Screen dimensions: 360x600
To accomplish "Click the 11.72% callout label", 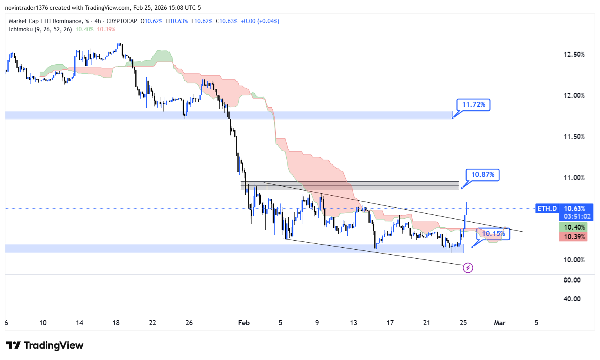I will pyautogui.click(x=473, y=104).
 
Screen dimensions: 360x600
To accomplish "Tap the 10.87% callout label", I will pyautogui.click(x=482, y=175).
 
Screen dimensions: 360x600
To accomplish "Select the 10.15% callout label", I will pyautogui.click(x=493, y=234).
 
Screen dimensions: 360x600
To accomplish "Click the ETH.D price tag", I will pyautogui.click(x=547, y=209).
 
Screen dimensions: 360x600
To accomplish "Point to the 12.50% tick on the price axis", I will pyautogui.click(x=574, y=54).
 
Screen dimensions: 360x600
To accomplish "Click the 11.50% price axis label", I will pyautogui.click(x=574, y=137).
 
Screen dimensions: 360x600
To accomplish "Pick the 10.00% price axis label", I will pyautogui.click(x=574, y=260).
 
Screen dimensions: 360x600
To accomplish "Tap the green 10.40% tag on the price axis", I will pyautogui.click(x=574, y=227).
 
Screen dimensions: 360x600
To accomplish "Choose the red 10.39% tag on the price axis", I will pyautogui.click(x=574, y=237).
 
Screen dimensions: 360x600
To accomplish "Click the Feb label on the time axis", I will pyautogui.click(x=244, y=323).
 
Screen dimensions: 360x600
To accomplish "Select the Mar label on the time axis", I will pyautogui.click(x=499, y=323).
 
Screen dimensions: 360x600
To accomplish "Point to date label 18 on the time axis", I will pyautogui.click(x=116, y=323).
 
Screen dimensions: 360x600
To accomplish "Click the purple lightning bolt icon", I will pyautogui.click(x=468, y=268).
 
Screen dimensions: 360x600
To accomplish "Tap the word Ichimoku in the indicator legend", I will pyautogui.click(x=21, y=29).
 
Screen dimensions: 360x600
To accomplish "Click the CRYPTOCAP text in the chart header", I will pyautogui.click(x=122, y=21).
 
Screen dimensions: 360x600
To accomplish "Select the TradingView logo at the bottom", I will pyautogui.click(x=45, y=345).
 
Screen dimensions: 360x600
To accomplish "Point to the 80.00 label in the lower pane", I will pyautogui.click(x=572, y=280).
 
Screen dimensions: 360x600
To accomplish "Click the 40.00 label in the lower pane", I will pyautogui.click(x=572, y=299).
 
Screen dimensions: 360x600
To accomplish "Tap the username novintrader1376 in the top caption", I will pyautogui.click(x=26, y=8).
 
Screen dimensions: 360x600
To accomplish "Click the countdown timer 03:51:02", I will pyautogui.click(x=577, y=216).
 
